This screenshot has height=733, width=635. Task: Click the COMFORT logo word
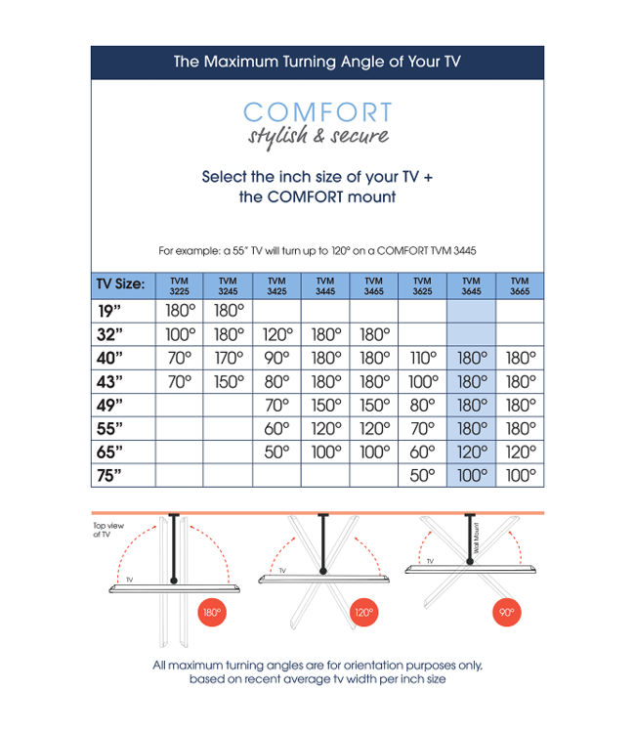coord(317,112)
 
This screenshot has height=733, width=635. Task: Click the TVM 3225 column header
coord(179,285)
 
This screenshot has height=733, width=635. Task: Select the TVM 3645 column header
coord(471,285)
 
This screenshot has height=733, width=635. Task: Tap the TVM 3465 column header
coord(373,285)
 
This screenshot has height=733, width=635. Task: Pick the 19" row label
coord(110,312)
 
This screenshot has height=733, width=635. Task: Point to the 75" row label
coord(110,475)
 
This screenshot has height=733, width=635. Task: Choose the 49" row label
coord(110,405)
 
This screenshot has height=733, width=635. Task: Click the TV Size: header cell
coord(121,285)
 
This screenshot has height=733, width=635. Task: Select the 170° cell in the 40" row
coord(228,358)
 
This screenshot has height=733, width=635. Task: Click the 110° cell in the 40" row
coord(422,358)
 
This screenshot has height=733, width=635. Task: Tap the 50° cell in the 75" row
coord(422,475)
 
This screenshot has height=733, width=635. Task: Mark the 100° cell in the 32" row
coord(179,335)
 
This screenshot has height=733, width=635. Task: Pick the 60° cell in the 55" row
coord(276,428)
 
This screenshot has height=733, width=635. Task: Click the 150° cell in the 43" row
coord(228,381)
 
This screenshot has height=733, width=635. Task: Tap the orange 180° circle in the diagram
coord(211,615)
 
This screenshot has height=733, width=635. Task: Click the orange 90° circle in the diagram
coord(506,613)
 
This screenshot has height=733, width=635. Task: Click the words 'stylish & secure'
coord(317,137)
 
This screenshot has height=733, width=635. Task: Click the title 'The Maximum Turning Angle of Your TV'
coord(317,62)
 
